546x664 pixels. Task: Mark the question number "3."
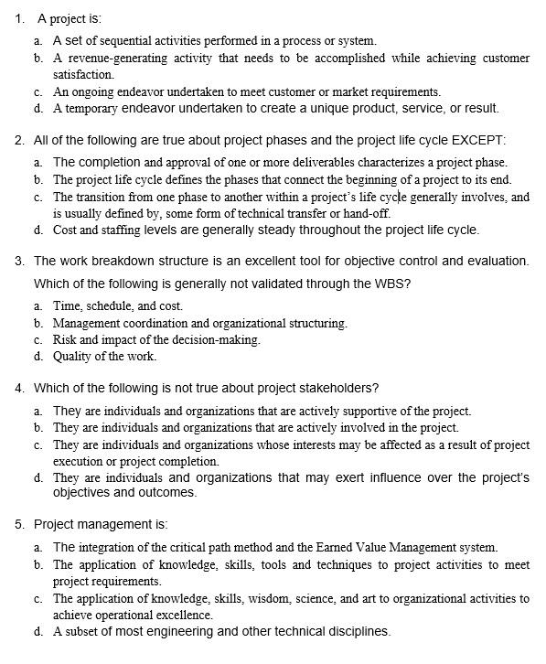point(20,261)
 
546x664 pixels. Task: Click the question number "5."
point(20,525)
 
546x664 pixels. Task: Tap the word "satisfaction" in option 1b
point(83,75)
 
